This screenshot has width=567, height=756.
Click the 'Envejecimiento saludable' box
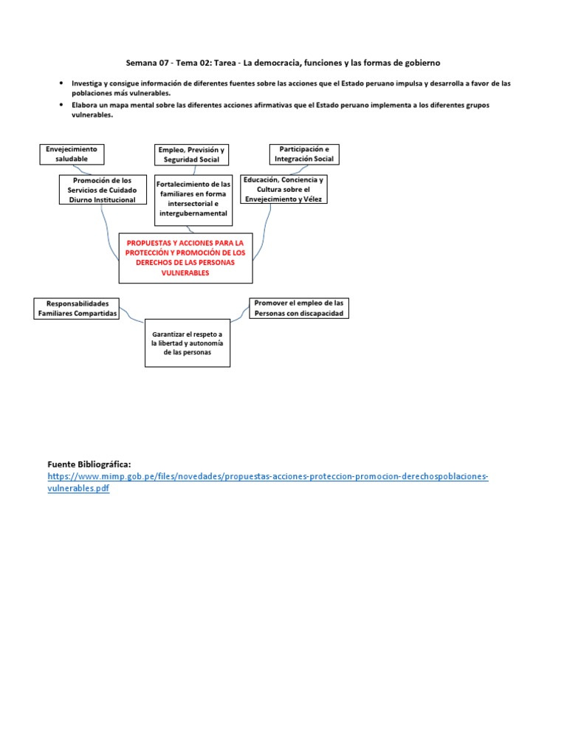[x=72, y=154]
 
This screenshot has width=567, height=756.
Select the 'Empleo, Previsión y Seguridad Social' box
[x=191, y=154]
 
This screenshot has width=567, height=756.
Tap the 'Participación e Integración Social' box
[x=303, y=154]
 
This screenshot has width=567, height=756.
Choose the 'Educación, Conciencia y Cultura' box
[x=283, y=189]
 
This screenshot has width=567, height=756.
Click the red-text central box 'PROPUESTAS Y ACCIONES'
[x=185, y=258]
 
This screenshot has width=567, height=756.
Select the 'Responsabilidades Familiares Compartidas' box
[x=78, y=309]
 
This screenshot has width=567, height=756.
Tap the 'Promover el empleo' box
[x=298, y=308]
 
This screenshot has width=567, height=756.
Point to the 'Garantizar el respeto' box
[x=187, y=343]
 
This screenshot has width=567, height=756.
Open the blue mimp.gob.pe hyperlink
[x=267, y=477]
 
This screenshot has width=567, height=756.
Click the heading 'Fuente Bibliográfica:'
[x=89, y=464]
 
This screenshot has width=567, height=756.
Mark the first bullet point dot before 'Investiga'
[x=61, y=83]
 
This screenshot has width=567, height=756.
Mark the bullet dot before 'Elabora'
[x=61, y=105]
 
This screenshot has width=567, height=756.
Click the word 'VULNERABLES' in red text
[x=185, y=272]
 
